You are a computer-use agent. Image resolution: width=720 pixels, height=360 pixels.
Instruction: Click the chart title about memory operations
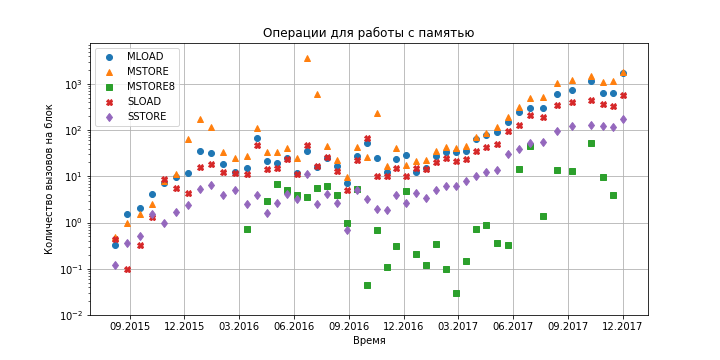coord(368,33)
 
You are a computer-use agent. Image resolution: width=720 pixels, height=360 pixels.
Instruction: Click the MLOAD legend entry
coord(139,57)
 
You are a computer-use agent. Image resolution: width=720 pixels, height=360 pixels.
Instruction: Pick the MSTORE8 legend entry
coord(145,87)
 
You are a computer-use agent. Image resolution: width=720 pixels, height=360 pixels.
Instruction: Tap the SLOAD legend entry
coord(140,102)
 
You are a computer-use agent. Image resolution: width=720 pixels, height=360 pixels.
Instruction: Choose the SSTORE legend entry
coord(141,117)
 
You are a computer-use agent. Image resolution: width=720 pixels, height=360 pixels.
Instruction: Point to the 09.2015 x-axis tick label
coord(130,326)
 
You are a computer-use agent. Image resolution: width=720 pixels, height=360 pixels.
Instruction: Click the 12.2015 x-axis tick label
coord(185,326)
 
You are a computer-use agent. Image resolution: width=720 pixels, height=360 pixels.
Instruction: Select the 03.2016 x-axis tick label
coord(239,326)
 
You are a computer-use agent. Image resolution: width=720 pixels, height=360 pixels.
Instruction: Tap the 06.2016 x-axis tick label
coord(294,326)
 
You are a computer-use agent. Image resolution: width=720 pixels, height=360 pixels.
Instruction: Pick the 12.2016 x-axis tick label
coord(404,326)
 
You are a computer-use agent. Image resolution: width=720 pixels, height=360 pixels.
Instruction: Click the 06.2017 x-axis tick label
coord(513,326)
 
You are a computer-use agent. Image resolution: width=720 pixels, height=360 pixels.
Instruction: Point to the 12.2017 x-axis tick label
coord(623,326)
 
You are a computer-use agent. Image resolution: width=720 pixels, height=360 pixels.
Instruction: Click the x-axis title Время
coord(369,341)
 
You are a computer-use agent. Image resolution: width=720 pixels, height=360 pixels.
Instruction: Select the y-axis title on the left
coord(49,179)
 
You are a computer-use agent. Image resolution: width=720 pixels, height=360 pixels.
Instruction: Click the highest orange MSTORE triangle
coord(307,58)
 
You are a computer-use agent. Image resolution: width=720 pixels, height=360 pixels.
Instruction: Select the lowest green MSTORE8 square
coord(456,293)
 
